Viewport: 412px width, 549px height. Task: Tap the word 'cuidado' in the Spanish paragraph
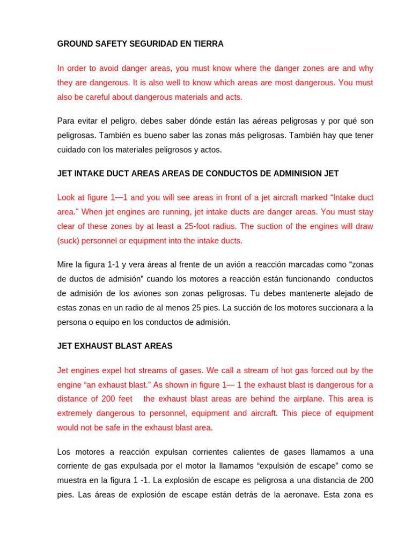[71, 150]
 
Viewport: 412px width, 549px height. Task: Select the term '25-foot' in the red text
[211, 226]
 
